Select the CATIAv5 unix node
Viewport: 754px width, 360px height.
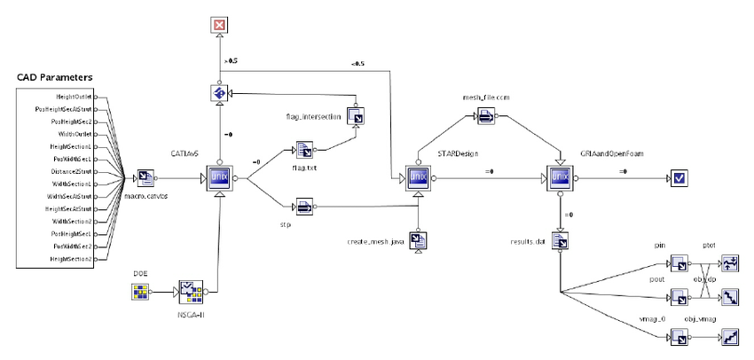click(219, 177)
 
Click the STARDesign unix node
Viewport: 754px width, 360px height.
click(418, 177)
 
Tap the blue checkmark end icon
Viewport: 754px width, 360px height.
click(679, 178)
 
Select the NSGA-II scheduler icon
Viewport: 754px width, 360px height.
click(190, 290)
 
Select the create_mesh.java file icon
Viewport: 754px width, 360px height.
click(418, 239)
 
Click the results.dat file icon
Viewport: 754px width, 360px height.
click(560, 239)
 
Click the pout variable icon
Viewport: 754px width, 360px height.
click(679, 296)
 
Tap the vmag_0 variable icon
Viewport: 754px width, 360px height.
click(679, 338)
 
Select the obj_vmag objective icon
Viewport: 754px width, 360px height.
click(732, 338)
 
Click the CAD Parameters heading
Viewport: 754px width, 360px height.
click(55, 79)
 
